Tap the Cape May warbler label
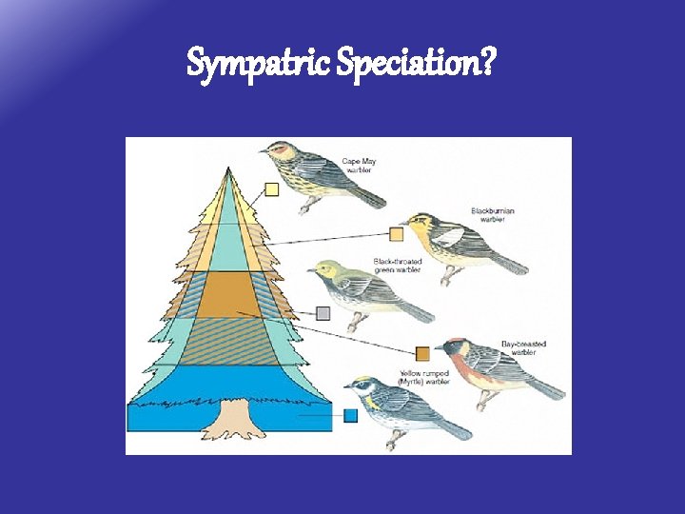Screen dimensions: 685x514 pos(359,166)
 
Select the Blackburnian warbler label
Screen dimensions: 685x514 pos(491,214)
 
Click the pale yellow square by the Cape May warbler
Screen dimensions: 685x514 pos(272,189)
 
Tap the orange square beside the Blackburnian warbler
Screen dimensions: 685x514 pos(396,234)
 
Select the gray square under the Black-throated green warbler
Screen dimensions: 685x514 pos(323,312)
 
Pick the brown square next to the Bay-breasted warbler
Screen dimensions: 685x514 pos(422,354)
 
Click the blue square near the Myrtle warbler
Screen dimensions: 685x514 pos(350,415)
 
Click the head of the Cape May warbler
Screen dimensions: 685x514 pos(280,150)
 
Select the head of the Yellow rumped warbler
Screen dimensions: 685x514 pos(362,386)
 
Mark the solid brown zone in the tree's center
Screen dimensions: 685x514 pos(228,294)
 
